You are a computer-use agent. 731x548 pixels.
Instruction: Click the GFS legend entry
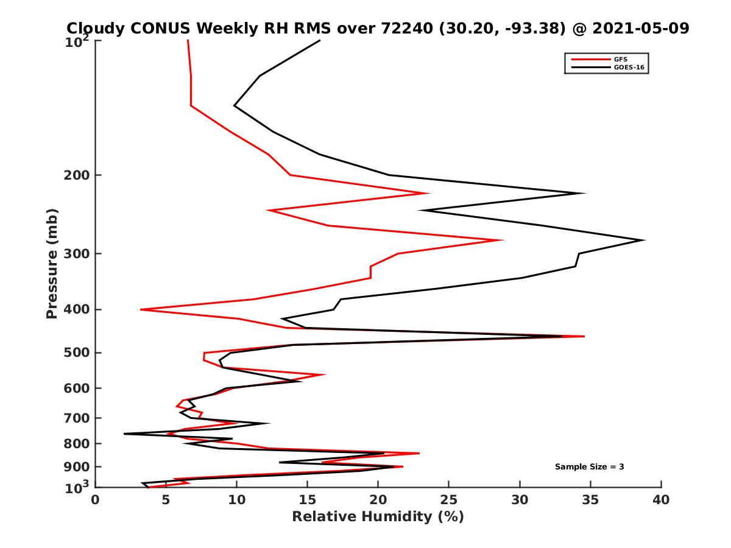(x=621, y=59)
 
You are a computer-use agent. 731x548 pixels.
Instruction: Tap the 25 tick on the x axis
(x=449, y=500)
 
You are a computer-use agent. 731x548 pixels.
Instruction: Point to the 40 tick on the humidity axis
(x=661, y=500)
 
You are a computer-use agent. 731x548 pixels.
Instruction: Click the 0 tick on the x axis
(x=96, y=500)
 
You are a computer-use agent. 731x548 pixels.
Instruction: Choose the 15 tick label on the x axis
(x=308, y=500)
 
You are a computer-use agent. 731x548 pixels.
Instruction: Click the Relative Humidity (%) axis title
(x=378, y=517)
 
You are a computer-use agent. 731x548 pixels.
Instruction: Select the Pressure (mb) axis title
(x=52, y=263)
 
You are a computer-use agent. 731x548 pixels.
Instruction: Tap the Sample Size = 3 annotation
(x=589, y=467)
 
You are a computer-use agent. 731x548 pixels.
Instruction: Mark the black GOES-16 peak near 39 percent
(x=644, y=240)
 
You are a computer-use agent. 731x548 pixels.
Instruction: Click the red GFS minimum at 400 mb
(x=141, y=309)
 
